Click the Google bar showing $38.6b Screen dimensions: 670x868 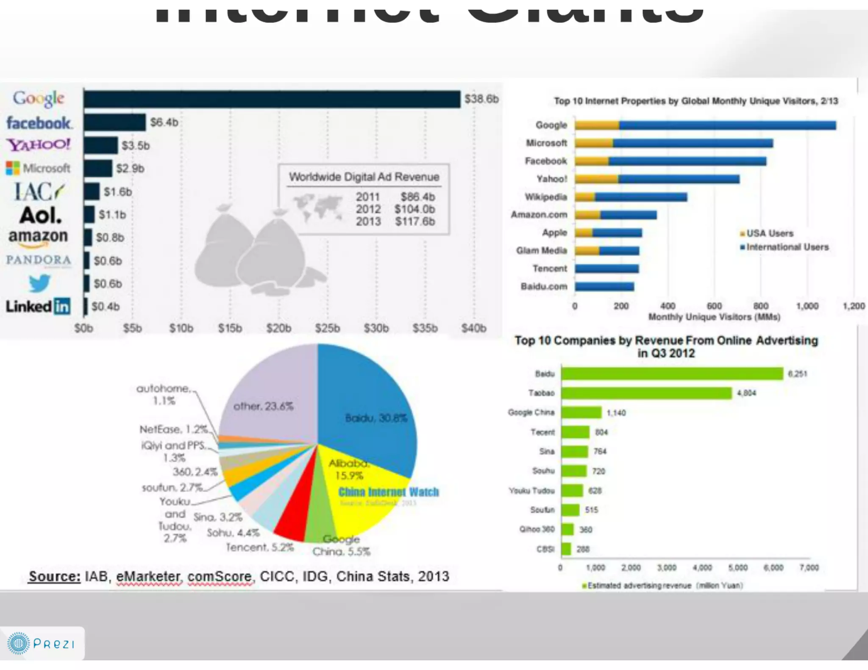pos(271,99)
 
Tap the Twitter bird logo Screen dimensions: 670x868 pos(40,283)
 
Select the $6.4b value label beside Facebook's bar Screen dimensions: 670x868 pos(164,122)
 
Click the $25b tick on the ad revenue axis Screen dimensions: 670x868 pos(327,328)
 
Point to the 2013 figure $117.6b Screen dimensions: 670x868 pos(415,221)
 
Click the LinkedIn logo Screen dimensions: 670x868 pos(38,306)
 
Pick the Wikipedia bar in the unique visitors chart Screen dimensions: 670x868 pos(631,197)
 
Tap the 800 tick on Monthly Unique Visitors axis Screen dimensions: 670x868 pos(761,306)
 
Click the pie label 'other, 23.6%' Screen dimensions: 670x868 pos(263,406)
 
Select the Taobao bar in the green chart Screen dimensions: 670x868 pos(646,393)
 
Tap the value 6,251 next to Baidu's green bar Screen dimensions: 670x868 pos(797,374)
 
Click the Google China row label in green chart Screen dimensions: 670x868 pos(531,413)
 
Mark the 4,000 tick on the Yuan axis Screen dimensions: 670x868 pos(702,568)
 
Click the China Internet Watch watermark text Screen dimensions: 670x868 pos(389,492)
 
